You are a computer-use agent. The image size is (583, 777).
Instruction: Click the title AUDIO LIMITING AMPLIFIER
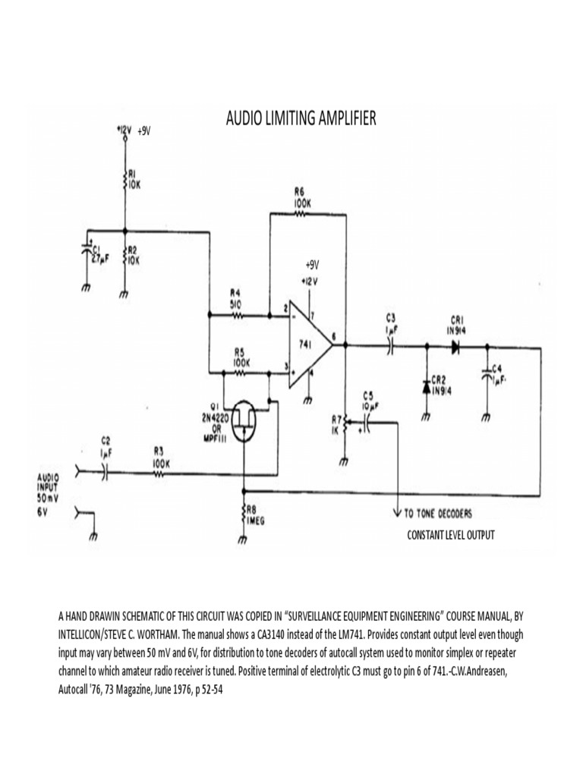[x=301, y=119]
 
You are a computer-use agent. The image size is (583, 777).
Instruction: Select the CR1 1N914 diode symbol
[x=455, y=347]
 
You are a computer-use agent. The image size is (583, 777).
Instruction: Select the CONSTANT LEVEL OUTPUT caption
[x=451, y=535]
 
